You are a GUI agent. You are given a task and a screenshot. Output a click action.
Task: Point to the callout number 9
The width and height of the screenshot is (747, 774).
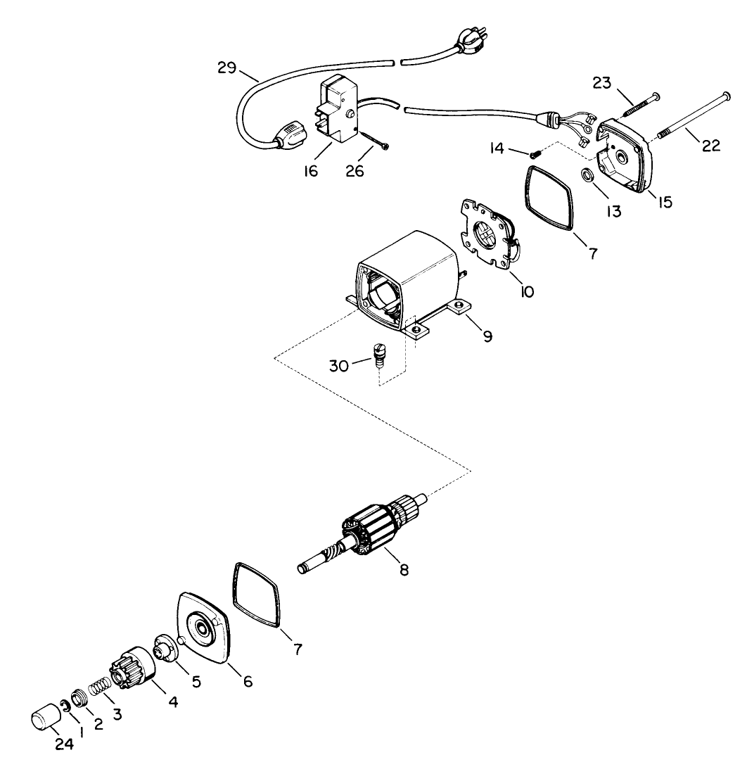[487, 336]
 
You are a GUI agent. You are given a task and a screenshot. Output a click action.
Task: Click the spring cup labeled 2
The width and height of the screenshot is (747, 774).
[79, 700]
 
